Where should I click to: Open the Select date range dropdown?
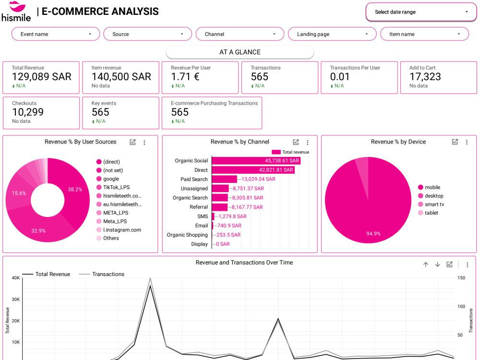[421, 12]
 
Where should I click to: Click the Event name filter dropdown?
[56, 34]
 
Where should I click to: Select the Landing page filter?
[332, 34]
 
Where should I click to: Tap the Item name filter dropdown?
[424, 34]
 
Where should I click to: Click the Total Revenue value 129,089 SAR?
[42, 76]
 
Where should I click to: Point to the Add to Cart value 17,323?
[425, 76]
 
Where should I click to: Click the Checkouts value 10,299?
[28, 112]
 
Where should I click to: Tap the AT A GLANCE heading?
[240, 52]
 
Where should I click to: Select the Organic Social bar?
[256, 161]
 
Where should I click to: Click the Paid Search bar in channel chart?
[224, 179]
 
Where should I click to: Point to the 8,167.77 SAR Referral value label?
[247, 207]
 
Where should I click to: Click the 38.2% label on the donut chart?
[75, 190]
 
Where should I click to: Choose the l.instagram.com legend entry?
[119, 230]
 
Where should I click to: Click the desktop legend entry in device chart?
[431, 196]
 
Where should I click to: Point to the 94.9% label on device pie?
[373, 234]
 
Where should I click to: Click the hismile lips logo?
[17, 6]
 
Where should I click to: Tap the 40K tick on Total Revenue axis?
[16, 278]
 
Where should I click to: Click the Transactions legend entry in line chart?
[102, 274]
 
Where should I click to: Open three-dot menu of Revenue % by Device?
[467, 142]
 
